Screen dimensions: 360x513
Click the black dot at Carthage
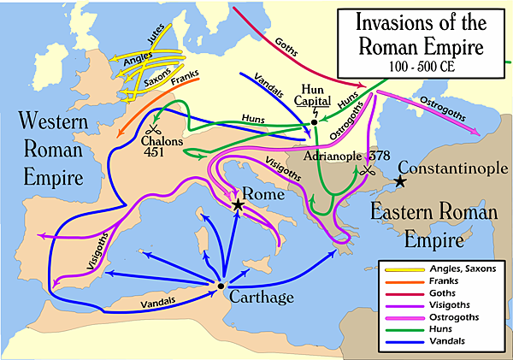click(x=221, y=286)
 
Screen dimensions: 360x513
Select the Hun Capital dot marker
click(x=315, y=122)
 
